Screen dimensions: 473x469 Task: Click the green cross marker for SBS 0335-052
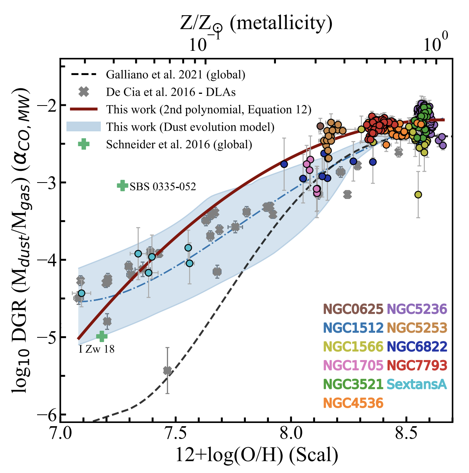122,186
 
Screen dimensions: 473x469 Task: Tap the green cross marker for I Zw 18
102,336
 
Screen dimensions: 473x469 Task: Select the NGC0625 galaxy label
353,309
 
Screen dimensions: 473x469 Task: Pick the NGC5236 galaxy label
417,309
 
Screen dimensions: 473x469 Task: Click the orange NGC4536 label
353,403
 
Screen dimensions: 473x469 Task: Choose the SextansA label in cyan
417,384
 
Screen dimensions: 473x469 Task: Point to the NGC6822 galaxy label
417,347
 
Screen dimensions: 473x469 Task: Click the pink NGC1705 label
353,365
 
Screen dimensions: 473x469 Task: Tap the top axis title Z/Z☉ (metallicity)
256,24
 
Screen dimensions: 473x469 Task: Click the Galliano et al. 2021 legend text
175,74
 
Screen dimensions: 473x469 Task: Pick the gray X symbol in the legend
84,92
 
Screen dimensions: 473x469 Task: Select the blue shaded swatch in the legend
84,127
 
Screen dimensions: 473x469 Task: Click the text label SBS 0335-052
163,187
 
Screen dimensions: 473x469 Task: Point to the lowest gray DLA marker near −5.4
167,370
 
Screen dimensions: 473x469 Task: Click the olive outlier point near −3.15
418,195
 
